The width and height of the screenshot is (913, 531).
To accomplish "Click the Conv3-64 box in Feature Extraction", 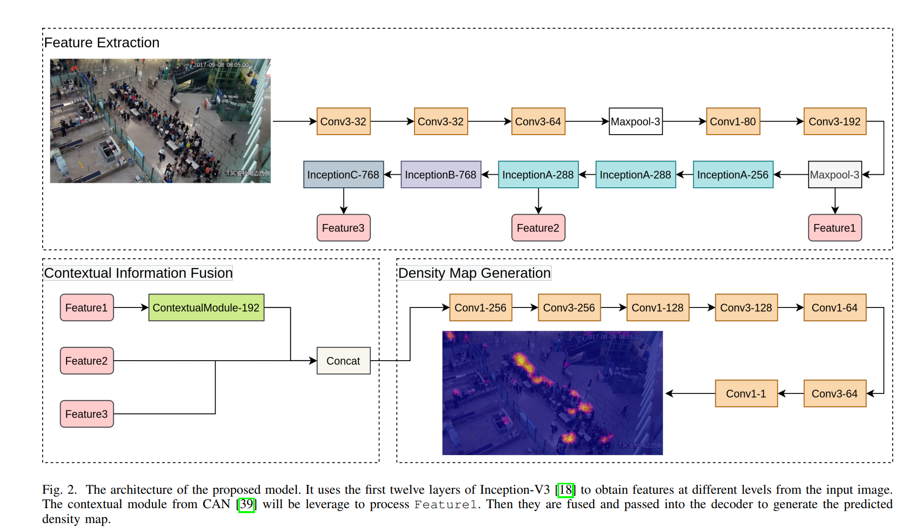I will click(538, 121).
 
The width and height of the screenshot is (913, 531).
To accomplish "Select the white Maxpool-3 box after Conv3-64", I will click(635, 121).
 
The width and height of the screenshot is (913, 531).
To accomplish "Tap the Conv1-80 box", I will click(733, 121).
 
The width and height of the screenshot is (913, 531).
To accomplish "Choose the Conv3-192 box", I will click(835, 121).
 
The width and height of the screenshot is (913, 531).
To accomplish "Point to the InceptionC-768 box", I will click(343, 174).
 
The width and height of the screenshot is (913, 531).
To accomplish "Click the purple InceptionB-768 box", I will click(440, 174).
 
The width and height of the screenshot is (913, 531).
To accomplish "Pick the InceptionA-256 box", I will click(733, 174).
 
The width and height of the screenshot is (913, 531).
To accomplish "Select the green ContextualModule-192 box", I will click(206, 307).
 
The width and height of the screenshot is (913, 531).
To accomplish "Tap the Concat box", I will click(343, 361).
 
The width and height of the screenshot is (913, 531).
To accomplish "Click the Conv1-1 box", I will click(746, 393).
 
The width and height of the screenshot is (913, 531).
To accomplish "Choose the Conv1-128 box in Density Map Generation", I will click(657, 307).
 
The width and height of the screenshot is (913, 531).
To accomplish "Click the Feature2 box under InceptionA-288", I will click(538, 228).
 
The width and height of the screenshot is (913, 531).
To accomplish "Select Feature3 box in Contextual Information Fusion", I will click(86, 414).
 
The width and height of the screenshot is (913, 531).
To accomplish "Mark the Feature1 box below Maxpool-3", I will click(835, 228).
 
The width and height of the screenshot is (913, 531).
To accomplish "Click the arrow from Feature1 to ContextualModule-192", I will click(131, 307).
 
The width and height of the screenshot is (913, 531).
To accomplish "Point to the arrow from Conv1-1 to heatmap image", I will click(690, 393).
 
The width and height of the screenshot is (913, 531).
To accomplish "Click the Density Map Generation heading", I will click(474, 273).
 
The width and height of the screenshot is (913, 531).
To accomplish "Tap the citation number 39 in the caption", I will click(246, 504).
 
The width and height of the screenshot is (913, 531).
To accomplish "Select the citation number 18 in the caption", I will click(565, 490).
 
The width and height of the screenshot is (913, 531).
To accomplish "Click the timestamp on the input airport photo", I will click(221, 65).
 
